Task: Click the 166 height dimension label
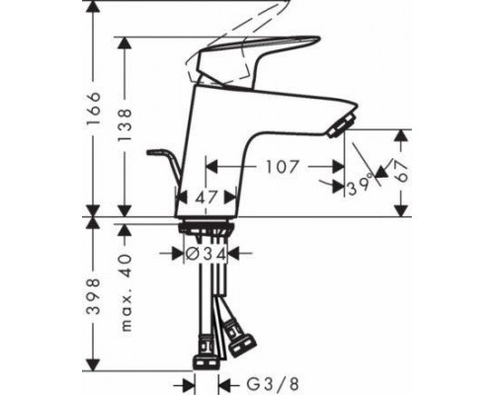(93, 108)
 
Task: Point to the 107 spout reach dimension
(282, 167)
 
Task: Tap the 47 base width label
(206, 197)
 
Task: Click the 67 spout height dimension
(401, 172)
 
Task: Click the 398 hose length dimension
(93, 297)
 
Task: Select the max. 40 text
(125, 292)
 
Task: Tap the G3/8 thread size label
(273, 384)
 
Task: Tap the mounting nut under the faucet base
(206, 227)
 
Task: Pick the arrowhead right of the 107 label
(339, 167)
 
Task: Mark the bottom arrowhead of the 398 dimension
(93, 363)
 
